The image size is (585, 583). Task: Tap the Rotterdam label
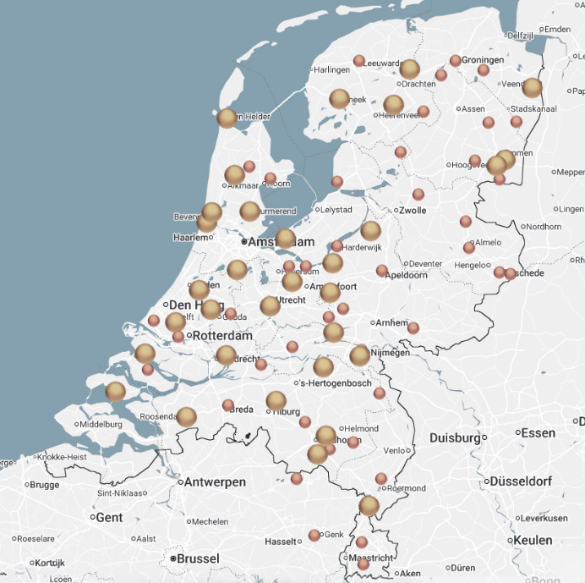point(222,336)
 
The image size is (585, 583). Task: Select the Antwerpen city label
point(216,482)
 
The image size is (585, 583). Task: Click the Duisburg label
point(455,438)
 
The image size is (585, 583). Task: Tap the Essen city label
point(538,432)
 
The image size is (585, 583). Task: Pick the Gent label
point(109,517)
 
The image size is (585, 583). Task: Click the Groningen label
point(483,60)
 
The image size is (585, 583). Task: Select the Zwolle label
point(413,210)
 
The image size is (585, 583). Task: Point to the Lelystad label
point(334,210)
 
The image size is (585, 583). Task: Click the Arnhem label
point(391,323)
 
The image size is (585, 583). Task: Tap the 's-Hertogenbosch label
point(335,383)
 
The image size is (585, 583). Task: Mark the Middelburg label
point(101,424)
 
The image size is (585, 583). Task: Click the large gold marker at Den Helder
point(227,118)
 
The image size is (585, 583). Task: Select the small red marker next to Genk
point(314,535)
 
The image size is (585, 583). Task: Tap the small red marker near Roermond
point(381,479)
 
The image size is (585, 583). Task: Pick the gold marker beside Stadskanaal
point(532,88)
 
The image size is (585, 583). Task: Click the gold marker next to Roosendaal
point(186,416)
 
